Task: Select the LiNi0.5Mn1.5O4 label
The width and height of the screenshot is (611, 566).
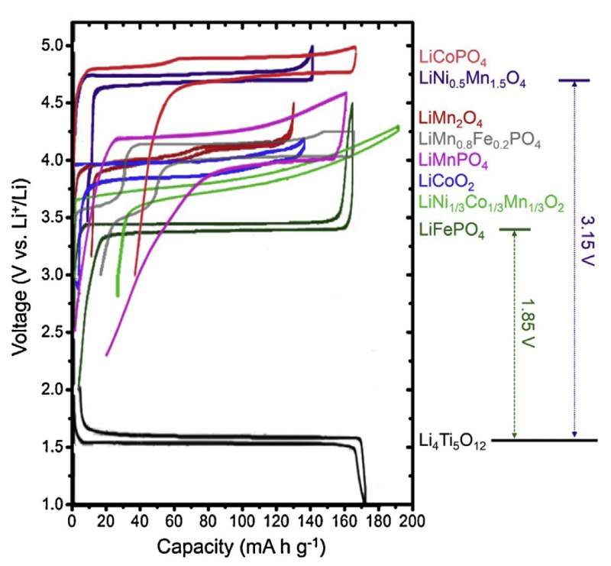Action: (x=473, y=79)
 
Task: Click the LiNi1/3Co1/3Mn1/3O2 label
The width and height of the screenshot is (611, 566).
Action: (x=492, y=202)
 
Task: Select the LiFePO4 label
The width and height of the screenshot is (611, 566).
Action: (x=451, y=229)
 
